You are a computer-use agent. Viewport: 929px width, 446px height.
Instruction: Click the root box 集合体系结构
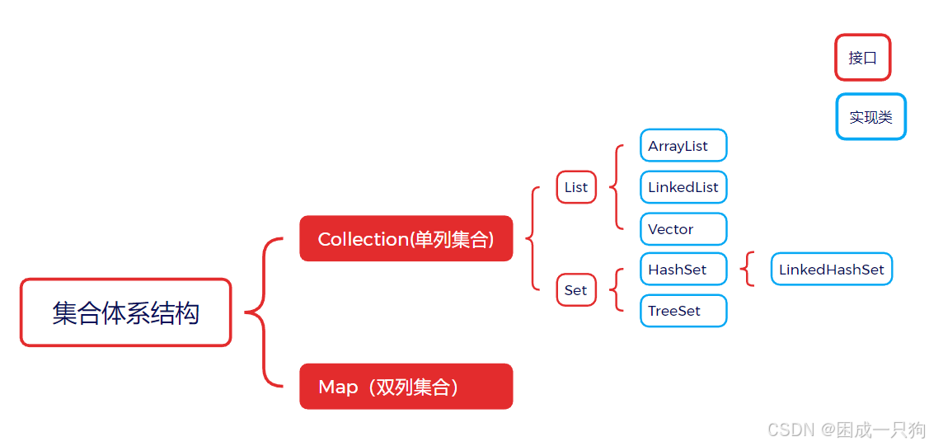125,312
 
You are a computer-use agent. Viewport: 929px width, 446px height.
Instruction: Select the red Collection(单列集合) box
406,239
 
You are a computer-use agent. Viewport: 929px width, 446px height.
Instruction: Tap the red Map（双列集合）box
406,387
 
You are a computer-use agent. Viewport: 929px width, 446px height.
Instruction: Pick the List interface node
576,187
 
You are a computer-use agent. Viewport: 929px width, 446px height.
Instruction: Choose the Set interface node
576,290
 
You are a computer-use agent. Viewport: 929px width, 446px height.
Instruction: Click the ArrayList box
683,146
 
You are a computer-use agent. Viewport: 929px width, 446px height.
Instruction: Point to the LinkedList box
683,187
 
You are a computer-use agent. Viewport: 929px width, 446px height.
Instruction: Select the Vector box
683,229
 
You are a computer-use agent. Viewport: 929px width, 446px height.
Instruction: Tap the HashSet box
683,270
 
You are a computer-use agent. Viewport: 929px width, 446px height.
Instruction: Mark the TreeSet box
683,311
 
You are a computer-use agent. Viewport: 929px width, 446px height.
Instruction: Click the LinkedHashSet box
831,270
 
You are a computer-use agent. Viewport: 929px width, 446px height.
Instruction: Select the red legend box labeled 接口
862,58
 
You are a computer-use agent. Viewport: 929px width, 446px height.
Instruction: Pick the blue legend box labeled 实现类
870,117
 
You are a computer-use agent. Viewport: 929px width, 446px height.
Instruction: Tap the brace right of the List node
617,187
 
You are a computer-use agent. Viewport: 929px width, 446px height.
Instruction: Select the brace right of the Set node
617,290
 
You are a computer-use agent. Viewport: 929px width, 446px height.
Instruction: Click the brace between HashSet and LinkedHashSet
748,270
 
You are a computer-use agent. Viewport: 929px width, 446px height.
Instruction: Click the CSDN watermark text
846,430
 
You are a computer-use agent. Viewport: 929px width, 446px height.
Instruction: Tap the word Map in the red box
338,387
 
